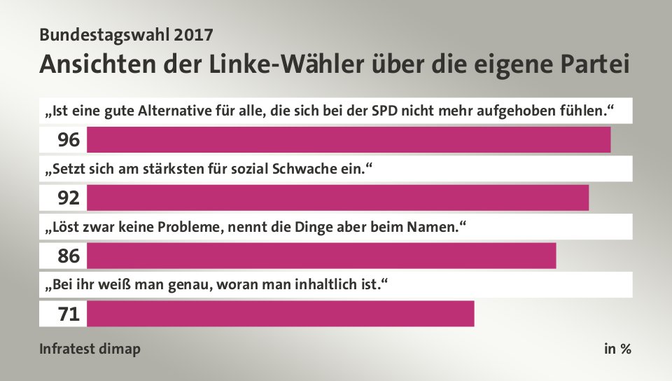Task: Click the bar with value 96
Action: coord(349,140)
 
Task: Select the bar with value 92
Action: coord(337,198)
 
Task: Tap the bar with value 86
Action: coord(321,256)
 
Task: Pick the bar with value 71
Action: coord(280,314)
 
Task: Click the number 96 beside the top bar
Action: coord(69,141)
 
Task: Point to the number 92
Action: coord(69,199)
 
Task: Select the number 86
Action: coord(69,256)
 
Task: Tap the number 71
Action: coord(69,314)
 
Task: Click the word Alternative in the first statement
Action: coord(172,111)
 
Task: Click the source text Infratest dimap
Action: coord(90,349)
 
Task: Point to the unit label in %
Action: coord(617,349)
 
